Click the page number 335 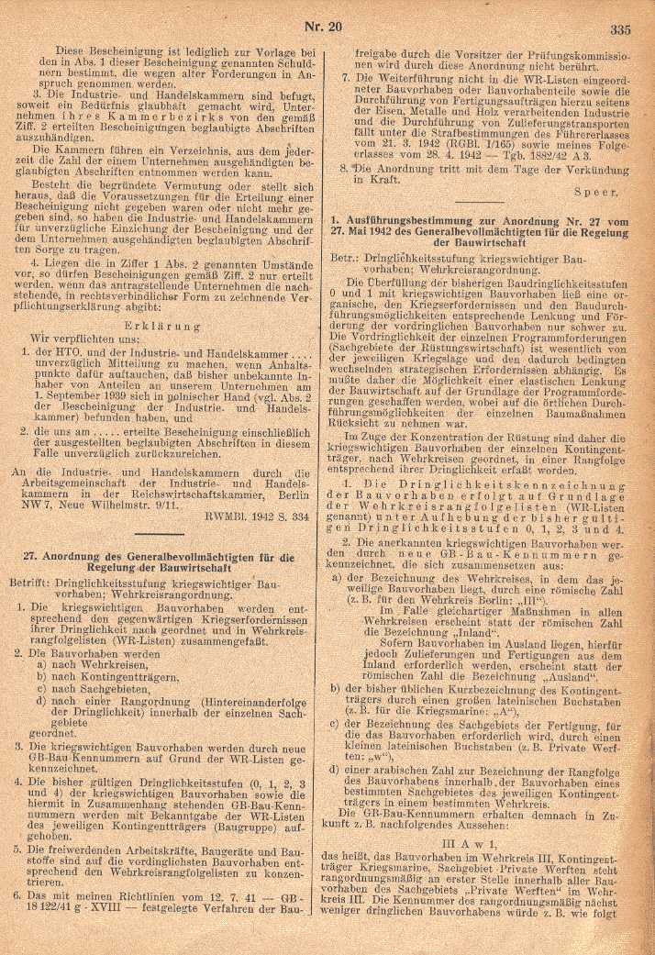pos(620,28)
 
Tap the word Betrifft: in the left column pos(36,583)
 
